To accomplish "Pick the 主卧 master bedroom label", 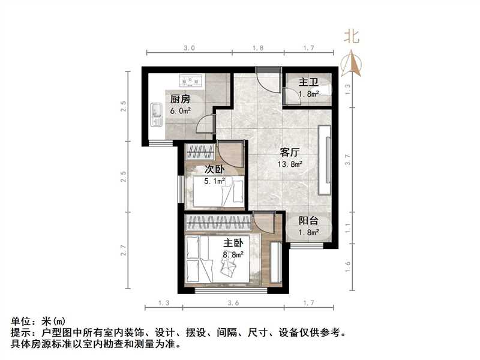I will click(235, 244).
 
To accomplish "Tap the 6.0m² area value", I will click(180, 110).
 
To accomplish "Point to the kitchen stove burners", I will click(191, 79).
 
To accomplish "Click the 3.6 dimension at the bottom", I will click(234, 304).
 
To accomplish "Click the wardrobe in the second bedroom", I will click(199, 151).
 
